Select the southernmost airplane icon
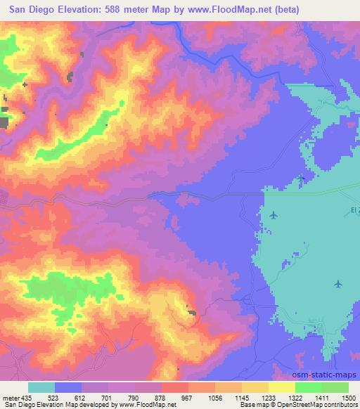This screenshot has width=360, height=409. [x=338, y=284]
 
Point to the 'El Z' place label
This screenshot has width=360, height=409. [x=352, y=210]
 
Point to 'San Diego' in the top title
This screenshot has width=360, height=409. [x=30, y=10]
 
